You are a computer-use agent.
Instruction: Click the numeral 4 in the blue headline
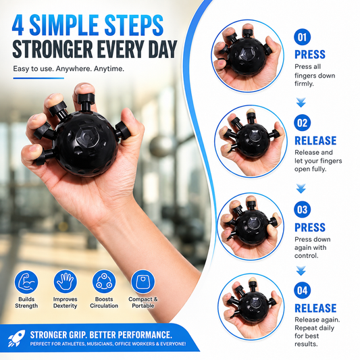[x=18, y=25]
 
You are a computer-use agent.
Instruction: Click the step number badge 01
[x=302, y=36]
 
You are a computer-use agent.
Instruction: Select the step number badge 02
[x=302, y=123]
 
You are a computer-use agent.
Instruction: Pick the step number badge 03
[x=302, y=209]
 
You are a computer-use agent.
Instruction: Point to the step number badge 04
[x=302, y=290]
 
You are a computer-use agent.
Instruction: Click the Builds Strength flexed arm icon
[x=26, y=282]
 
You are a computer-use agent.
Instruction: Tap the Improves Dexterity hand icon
[x=66, y=282]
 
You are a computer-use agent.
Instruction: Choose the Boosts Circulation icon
[x=104, y=282]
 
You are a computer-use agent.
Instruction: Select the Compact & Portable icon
[x=143, y=282]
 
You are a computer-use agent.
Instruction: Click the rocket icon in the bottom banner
[x=16, y=338]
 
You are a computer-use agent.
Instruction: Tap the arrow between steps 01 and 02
[x=301, y=103]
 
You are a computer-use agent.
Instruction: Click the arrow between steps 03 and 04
[x=301, y=271]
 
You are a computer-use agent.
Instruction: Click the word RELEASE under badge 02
[x=315, y=140]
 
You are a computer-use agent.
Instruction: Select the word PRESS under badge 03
[x=310, y=228]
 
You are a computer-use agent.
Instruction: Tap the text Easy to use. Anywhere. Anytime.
[x=68, y=69]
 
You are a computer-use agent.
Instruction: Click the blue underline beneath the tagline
[x=38, y=78]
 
